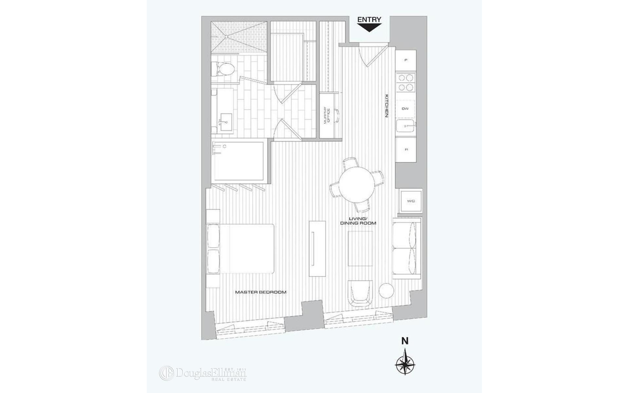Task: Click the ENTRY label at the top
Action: pyautogui.click(x=369, y=20)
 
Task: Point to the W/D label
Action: pyautogui.click(x=411, y=201)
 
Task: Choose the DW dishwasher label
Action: pyautogui.click(x=406, y=109)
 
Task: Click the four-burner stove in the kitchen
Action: pyautogui.click(x=406, y=83)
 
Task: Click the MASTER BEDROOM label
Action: pyautogui.click(x=261, y=292)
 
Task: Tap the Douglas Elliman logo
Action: pyautogui.click(x=203, y=373)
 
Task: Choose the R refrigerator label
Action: pyautogui.click(x=406, y=149)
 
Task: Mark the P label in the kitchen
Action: pyautogui.click(x=406, y=60)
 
